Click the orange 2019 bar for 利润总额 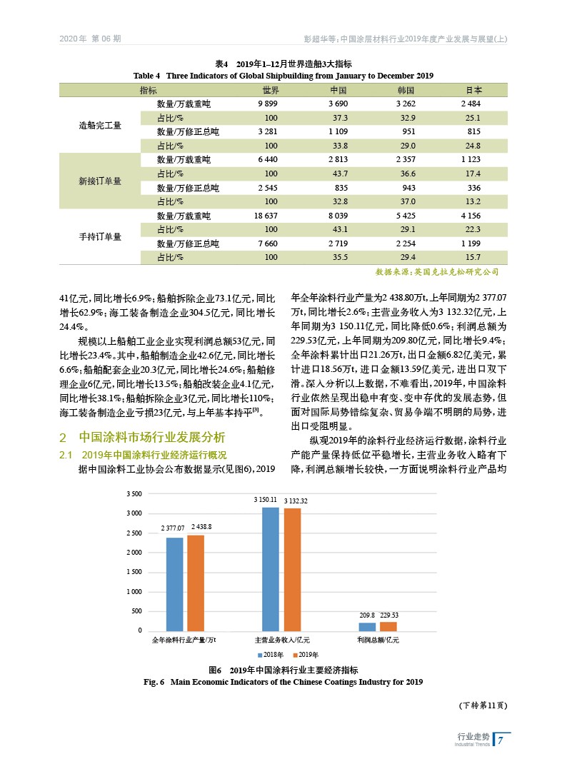tap(388, 626)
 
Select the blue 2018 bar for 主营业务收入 tap(271, 569)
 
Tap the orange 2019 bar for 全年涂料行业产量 tap(196, 583)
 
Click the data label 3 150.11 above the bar tap(266, 501)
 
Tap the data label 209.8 tap(367, 615)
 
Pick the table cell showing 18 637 tap(266, 216)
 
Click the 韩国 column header tap(406, 91)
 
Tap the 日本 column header tap(473, 91)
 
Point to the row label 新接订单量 tap(100, 181)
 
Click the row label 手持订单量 tap(100, 236)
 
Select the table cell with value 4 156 tap(471, 216)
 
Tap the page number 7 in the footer tap(501, 740)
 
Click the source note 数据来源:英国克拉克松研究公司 tap(436, 272)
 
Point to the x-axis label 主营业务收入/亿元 tap(283, 640)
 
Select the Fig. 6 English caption tap(283, 683)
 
